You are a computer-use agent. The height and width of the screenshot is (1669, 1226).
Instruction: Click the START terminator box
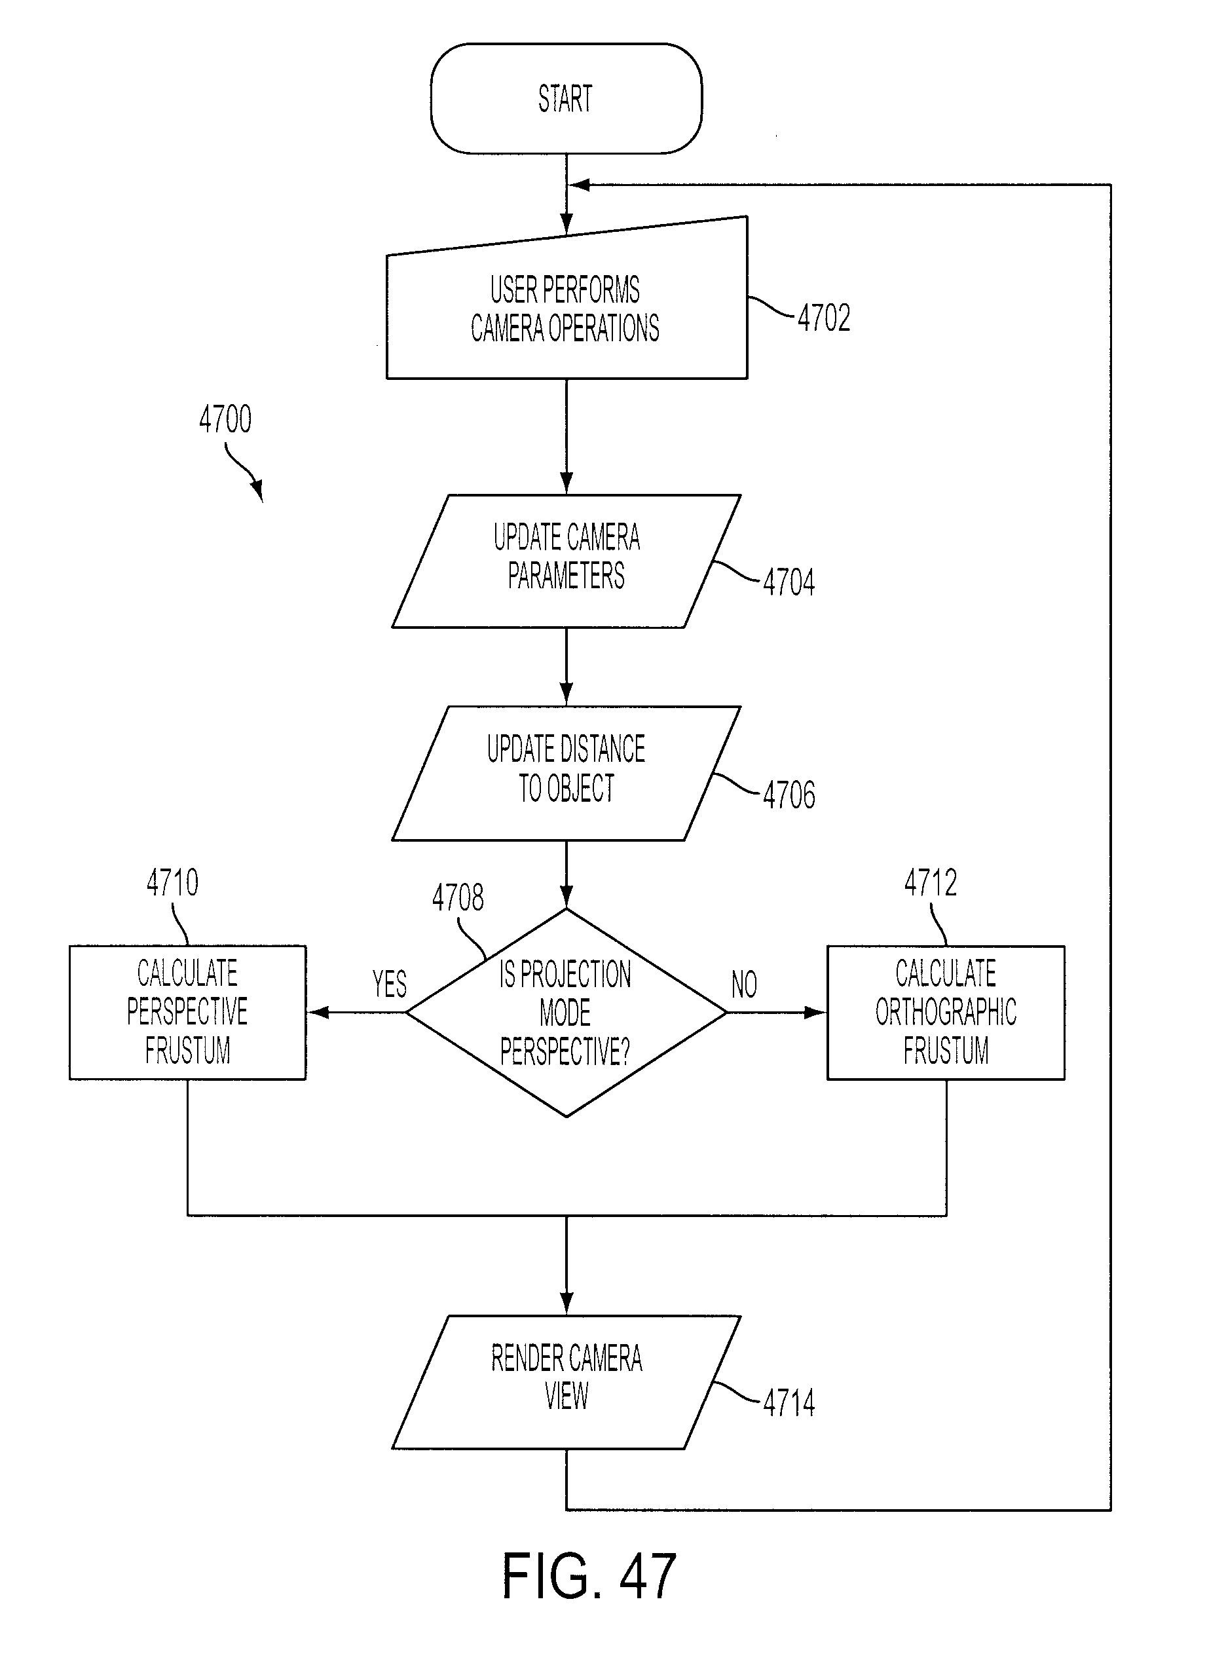(x=567, y=99)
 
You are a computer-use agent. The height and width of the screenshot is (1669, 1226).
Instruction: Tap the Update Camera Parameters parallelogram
(x=567, y=561)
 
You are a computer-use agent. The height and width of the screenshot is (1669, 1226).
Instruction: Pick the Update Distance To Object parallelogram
(x=567, y=774)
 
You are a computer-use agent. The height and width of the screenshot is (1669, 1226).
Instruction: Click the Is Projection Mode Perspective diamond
(x=567, y=1012)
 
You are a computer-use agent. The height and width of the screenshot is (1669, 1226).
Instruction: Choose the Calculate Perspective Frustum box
(x=188, y=1012)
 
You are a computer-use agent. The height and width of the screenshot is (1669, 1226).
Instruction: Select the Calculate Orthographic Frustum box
(x=946, y=1012)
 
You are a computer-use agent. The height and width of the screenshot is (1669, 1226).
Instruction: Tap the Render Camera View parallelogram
(x=567, y=1382)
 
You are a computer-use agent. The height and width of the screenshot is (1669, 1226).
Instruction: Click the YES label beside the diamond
(x=390, y=984)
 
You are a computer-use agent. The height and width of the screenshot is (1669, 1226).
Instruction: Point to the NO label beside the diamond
(x=745, y=984)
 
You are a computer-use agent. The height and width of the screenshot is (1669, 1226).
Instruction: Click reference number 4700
(x=225, y=419)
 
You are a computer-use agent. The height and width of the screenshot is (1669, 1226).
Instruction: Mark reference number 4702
(x=825, y=318)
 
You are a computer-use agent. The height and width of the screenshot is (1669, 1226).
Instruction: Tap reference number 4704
(x=789, y=582)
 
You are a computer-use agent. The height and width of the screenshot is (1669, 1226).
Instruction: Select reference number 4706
(x=789, y=795)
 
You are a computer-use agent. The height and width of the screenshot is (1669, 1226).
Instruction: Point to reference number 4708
(x=458, y=897)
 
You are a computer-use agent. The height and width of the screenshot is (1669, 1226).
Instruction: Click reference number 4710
(x=173, y=882)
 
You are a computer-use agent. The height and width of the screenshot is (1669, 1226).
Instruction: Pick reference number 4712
(x=931, y=882)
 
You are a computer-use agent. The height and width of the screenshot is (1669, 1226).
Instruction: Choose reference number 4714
(x=789, y=1402)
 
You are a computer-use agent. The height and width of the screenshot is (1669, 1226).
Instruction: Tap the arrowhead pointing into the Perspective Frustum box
(x=318, y=1012)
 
